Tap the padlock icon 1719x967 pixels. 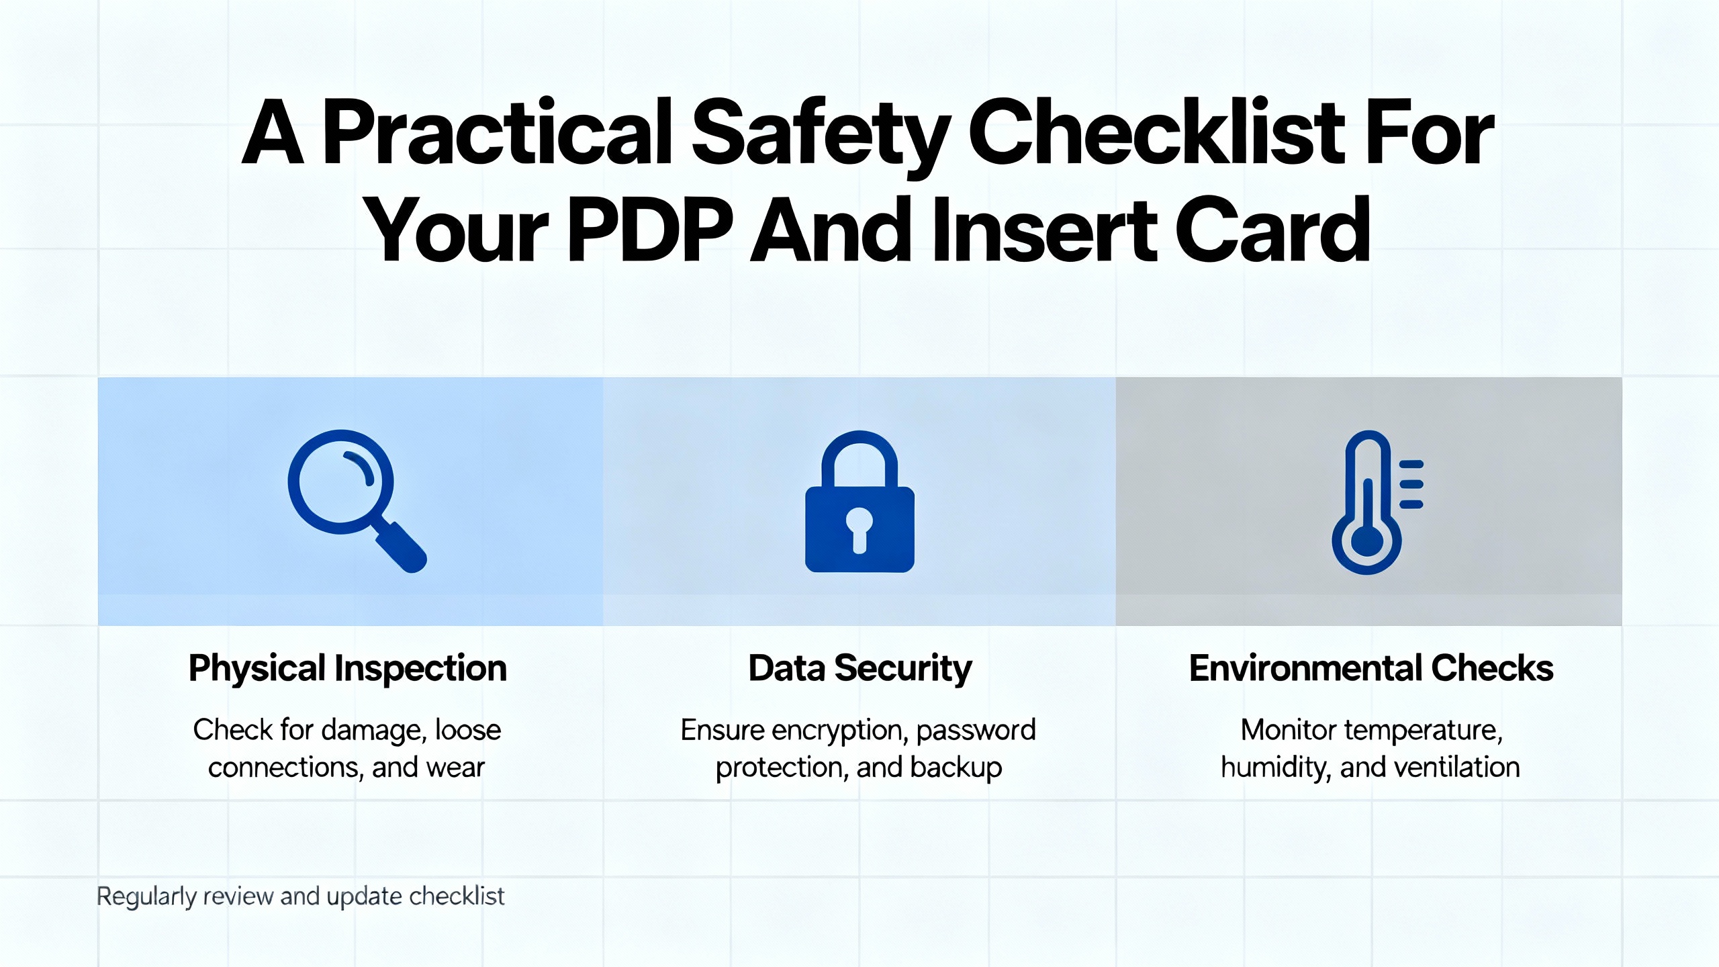pos(859,502)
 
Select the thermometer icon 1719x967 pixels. pos(1377,502)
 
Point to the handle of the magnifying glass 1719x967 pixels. pos(400,546)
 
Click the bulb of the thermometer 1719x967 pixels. pos(1367,541)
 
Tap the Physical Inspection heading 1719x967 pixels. pos(348,669)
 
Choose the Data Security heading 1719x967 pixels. pos(860,669)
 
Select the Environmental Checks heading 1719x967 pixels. pos(1371,668)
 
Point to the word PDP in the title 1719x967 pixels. pos(650,230)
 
